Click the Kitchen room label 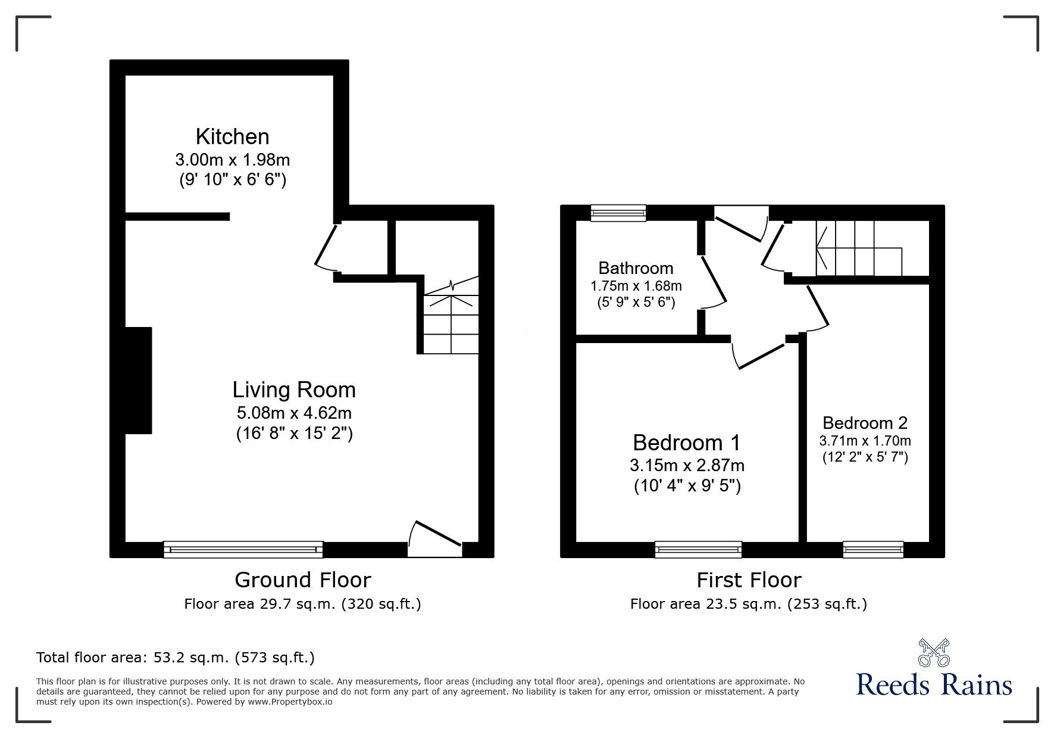point(232,136)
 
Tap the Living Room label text point(294,390)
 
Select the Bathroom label point(636,268)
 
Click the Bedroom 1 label point(687,443)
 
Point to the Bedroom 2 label point(865,423)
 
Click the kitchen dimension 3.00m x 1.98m point(232,160)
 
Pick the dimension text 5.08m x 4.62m point(294,412)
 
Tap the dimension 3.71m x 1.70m point(865,441)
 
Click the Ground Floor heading point(302,580)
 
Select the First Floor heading point(749,580)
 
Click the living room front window point(243,549)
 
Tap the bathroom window point(618,213)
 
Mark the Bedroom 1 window point(698,549)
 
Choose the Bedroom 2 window point(873,549)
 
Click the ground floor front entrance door point(436,541)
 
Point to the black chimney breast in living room point(138,380)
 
